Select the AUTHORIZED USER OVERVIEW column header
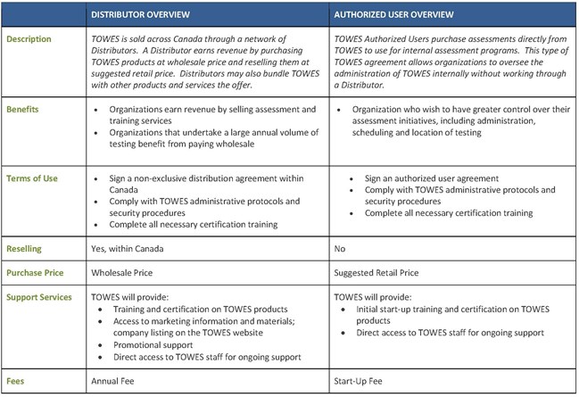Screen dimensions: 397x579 pyautogui.click(x=393, y=15)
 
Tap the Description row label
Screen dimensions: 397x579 pyautogui.click(x=30, y=39)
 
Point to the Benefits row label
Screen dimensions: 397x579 pyautogui.click(x=23, y=108)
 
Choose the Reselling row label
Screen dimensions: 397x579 pyautogui.click(x=26, y=249)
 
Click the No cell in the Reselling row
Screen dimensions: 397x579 pyautogui.click(x=340, y=249)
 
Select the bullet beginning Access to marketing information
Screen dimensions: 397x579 pyautogui.click(x=206, y=327)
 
